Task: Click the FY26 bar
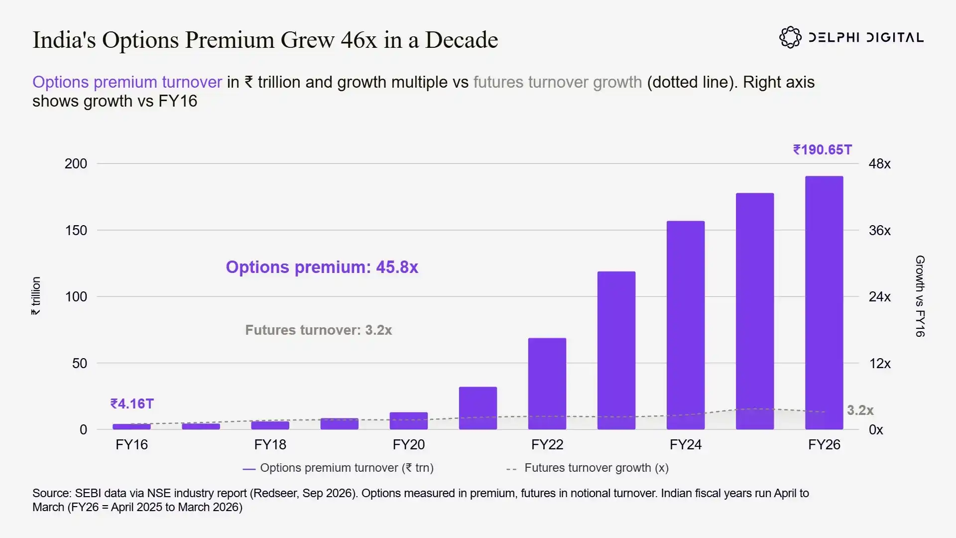click(x=824, y=302)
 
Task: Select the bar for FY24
click(x=686, y=325)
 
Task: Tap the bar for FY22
click(x=547, y=384)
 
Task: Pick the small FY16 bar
click(x=131, y=426)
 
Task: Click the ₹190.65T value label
click(x=823, y=150)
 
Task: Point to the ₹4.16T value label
click(x=132, y=403)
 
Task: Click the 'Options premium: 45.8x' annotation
click(x=322, y=267)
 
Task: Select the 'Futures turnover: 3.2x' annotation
click(x=319, y=330)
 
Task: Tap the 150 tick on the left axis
click(x=76, y=230)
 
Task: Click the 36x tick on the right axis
click(x=880, y=230)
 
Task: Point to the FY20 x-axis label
click(x=409, y=444)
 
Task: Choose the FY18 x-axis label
click(x=270, y=444)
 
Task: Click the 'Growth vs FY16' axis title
click(x=920, y=296)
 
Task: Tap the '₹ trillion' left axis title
click(x=36, y=296)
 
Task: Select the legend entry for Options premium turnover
click(x=338, y=468)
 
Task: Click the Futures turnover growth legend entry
click(x=588, y=468)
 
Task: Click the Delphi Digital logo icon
click(x=790, y=37)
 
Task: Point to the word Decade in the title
click(x=462, y=40)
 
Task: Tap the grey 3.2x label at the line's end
click(x=860, y=410)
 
